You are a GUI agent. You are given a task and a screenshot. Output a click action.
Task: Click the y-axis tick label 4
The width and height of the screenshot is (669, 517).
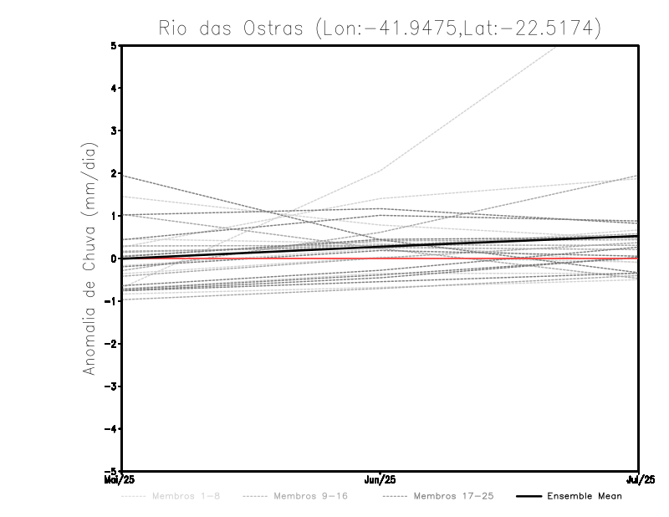[115, 88]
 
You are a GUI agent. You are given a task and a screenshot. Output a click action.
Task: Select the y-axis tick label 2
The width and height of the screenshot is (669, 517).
[115, 173]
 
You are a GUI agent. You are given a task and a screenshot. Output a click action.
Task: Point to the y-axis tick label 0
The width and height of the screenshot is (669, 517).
[115, 258]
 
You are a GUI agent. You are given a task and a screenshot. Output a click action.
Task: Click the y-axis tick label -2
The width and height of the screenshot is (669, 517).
[112, 344]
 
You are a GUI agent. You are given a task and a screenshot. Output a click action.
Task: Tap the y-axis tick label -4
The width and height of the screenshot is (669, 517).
[112, 429]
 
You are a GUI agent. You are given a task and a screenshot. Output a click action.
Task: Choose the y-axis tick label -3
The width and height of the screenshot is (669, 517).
[112, 386]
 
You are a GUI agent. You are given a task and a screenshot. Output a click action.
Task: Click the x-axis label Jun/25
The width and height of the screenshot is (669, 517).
[380, 479]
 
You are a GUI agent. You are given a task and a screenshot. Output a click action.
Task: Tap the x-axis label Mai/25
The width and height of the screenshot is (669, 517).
[121, 479]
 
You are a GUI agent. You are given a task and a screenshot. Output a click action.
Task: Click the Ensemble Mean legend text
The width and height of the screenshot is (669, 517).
[584, 496]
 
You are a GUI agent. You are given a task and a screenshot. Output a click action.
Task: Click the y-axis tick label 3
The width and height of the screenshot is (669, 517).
[115, 131]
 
